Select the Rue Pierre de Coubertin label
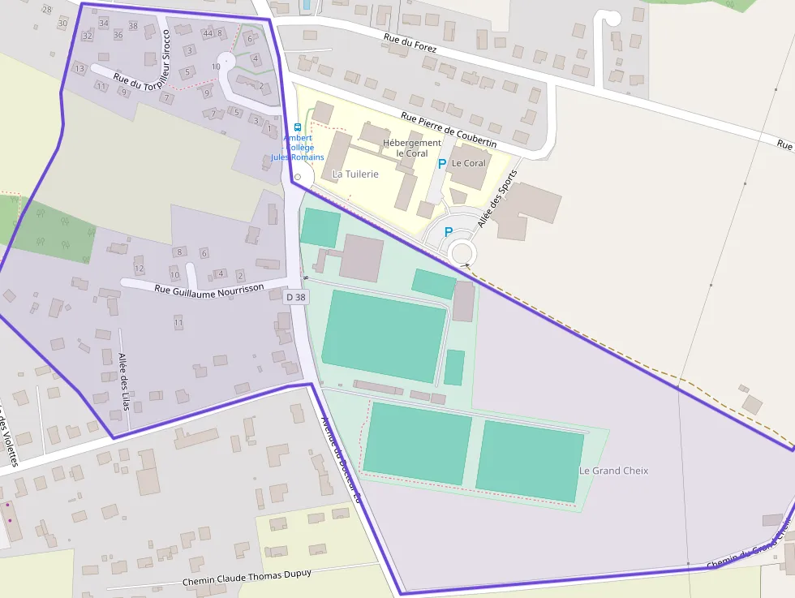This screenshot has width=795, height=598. pos(449,130)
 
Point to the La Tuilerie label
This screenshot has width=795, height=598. pos(355,174)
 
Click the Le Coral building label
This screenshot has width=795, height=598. pos(469,163)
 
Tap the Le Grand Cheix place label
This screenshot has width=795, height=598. pos(613,471)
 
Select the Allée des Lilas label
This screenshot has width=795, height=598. pos(124,381)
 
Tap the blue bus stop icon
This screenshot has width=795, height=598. pos(298,127)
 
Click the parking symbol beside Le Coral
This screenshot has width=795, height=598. pos(442,164)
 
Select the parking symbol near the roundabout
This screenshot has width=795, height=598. pos(448,232)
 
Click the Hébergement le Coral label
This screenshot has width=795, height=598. pos(412,148)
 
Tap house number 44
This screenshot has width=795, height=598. pos(208,33)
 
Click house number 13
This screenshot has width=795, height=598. pos(79,69)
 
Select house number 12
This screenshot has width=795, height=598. pos(139,269)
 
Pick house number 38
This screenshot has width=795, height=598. pos(133,26)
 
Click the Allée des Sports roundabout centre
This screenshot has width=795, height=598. pos(462,252)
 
